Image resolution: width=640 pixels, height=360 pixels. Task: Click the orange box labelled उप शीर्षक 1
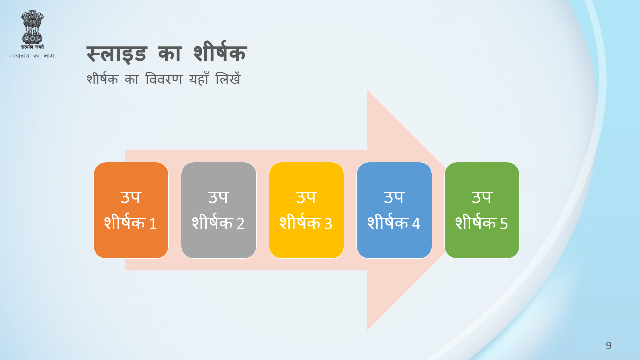pos(131,210)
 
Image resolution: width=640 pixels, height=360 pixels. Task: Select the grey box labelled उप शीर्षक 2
pos(219,210)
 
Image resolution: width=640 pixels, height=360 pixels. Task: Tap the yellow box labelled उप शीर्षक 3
pos(306,210)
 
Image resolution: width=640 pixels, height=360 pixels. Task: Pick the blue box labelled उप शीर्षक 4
pos(394,210)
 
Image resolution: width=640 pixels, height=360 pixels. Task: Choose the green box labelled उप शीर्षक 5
pos(482,210)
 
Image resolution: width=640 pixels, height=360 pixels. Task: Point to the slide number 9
pos(609,346)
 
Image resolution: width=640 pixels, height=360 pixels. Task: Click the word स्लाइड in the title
pos(117,53)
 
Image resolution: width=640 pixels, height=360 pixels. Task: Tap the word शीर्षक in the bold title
pos(220,52)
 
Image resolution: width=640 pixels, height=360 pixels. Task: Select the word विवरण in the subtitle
pos(164,79)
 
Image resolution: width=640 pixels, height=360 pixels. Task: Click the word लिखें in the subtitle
pos(228,78)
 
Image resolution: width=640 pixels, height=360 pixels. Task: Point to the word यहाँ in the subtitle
pos(199,78)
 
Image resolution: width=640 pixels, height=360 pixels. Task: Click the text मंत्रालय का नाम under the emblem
pos(32,56)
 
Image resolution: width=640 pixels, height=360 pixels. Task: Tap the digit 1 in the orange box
pos(153,224)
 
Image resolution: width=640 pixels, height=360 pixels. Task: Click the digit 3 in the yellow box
pos(328,224)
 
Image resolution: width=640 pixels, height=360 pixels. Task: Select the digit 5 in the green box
pos(504,224)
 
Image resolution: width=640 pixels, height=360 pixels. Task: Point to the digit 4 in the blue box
pos(416,224)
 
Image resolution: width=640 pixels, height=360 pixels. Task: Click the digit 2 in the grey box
pos(241,224)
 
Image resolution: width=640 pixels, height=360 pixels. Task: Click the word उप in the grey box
pos(219,197)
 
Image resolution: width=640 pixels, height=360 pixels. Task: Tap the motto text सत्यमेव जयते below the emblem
pos(32,47)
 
